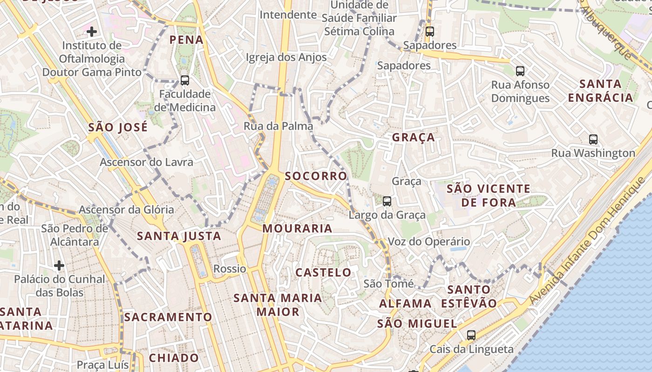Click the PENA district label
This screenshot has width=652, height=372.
pyautogui.click(x=186, y=40)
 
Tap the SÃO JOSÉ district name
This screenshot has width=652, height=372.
pyautogui.click(x=118, y=127)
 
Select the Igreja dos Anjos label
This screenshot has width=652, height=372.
pyautogui.click(x=286, y=57)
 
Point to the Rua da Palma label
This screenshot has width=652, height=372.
pyautogui.click(x=278, y=126)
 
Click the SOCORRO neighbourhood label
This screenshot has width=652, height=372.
pyautogui.click(x=316, y=176)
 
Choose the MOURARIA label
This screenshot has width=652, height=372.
pyautogui.click(x=297, y=228)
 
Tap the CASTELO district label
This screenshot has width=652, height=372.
pyautogui.click(x=324, y=272)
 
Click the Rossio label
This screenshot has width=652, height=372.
pyautogui.click(x=230, y=269)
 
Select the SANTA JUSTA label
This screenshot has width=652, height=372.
pyautogui.click(x=179, y=236)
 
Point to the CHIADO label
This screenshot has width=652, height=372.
pyautogui.click(x=174, y=358)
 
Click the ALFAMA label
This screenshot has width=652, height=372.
pyautogui.click(x=405, y=304)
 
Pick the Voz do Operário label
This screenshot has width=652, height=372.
pyautogui.click(x=429, y=241)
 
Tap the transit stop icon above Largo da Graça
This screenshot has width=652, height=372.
pyautogui.click(x=387, y=201)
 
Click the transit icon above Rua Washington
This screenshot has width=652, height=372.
pyautogui.click(x=593, y=139)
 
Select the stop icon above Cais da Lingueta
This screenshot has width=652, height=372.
pyautogui.click(x=471, y=335)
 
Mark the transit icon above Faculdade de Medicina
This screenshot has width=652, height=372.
pyautogui.click(x=185, y=80)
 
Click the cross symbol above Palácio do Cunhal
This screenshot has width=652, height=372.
pyautogui.click(x=59, y=266)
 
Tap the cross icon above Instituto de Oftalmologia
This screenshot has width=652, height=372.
pyautogui.click(x=92, y=32)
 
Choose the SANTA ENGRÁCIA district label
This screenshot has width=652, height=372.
pyautogui.click(x=600, y=91)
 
